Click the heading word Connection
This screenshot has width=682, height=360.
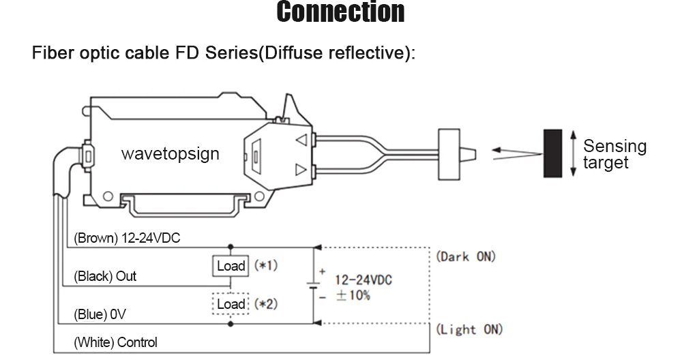[340, 12]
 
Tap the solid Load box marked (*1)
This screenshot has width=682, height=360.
[231, 266]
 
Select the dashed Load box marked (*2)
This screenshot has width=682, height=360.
[231, 303]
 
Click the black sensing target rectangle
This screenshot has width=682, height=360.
[552, 153]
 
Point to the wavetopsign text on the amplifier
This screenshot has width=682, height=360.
[170, 153]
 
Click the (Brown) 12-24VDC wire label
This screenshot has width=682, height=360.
[127, 238]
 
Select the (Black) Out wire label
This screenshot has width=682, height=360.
[105, 276]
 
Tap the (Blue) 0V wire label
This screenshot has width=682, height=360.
[100, 314]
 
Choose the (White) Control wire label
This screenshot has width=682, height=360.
[115, 342]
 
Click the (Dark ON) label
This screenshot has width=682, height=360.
[466, 256]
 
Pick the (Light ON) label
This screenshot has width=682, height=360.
[469, 329]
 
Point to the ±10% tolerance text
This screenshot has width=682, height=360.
[353, 296]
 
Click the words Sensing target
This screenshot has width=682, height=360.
[614, 154]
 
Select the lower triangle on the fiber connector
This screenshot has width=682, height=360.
[301, 169]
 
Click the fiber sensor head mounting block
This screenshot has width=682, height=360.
[449, 154]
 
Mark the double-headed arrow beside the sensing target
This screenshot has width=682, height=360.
[574, 153]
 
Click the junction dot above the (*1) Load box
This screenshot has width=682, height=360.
[231, 247]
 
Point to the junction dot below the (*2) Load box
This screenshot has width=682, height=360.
[231, 323]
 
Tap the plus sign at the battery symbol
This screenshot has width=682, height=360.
[322, 272]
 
